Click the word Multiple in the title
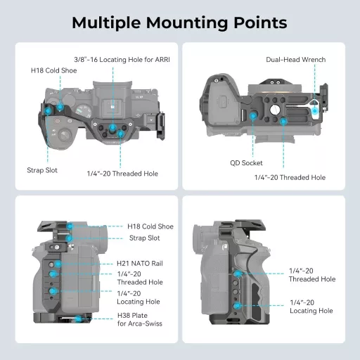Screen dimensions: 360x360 coord(107,22)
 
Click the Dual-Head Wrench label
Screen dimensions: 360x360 coord(296,60)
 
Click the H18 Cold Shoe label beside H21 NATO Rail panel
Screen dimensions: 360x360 coord(150,226)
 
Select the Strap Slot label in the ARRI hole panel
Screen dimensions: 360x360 coord(43,170)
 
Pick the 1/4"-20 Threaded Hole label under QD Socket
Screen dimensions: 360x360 coord(290,177)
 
